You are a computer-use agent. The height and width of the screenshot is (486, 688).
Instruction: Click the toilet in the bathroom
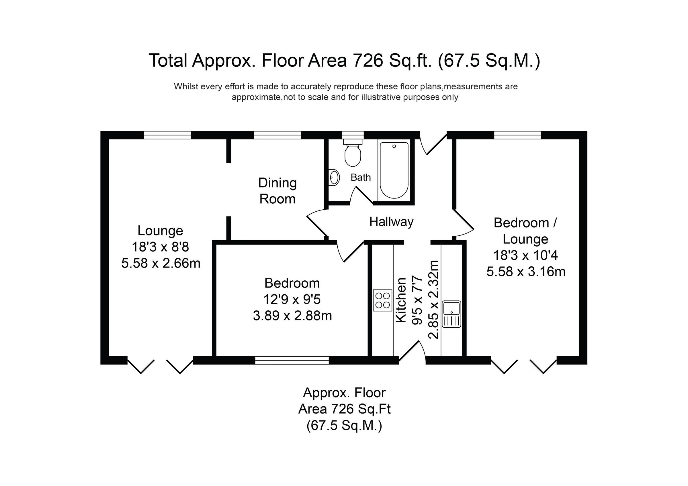353,155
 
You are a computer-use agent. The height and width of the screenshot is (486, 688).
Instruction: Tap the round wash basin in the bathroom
334,178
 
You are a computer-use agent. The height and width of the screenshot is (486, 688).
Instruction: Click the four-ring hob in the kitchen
382,300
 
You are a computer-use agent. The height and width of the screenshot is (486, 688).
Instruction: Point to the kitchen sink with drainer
451,314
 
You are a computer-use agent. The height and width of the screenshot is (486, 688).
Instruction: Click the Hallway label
391,222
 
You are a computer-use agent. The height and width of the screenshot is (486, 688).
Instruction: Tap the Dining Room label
277,191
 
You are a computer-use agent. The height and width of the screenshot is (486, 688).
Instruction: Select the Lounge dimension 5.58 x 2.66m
161,263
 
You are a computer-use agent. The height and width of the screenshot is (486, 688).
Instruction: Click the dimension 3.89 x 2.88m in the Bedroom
292,316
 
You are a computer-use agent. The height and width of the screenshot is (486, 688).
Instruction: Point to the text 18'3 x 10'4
525,255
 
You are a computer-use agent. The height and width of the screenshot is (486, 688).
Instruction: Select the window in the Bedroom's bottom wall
292,360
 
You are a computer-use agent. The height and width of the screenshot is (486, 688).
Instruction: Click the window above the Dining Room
277,135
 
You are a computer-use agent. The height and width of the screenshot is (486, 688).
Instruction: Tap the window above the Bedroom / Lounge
517,135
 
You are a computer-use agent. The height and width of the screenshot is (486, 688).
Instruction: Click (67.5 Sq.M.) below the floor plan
344,426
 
